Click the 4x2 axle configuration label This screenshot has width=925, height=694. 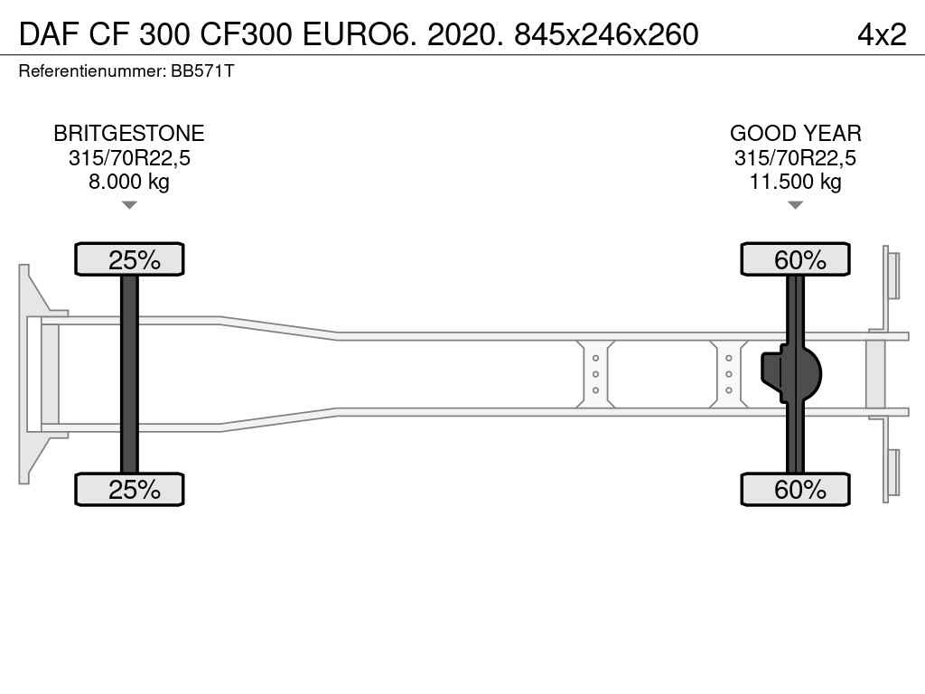pyautogui.click(x=881, y=33)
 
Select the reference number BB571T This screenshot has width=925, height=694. pyautogui.click(x=202, y=71)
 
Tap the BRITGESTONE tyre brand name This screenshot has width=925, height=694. pyautogui.click(x=129, y=134)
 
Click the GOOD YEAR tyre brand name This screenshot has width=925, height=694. pyautogui.click(x=795, y=134)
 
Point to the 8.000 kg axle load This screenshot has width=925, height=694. pyautogui.click(x=129, y=182)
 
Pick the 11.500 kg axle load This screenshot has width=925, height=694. pyautogui.click(x=795, y=182)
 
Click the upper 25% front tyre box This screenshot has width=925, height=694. pyautogui.click(x=130, y=259)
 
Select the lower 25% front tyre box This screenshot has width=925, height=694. pyautogui.click(x=130, y=490)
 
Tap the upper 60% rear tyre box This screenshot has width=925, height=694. pyautogui.click(x=796, y=259)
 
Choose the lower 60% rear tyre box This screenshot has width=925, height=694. pyautogui.click(x=796, y=490)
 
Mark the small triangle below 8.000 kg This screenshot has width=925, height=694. pyautogui.click(x=129, y=205)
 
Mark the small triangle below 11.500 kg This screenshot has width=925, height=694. pyautogui.click(x=795, y=205)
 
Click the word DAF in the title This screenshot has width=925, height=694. pyautogui.click(x=47, y=33)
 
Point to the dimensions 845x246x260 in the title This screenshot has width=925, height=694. pyautogui.click(x=606, y=33)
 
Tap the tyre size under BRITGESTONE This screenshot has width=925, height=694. pyautogui.click(x=129, y=158)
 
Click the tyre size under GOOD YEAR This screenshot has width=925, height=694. pyautogui.click(x=795, y=158)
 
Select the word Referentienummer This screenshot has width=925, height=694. pyautogui.click(x=91, y=71)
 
